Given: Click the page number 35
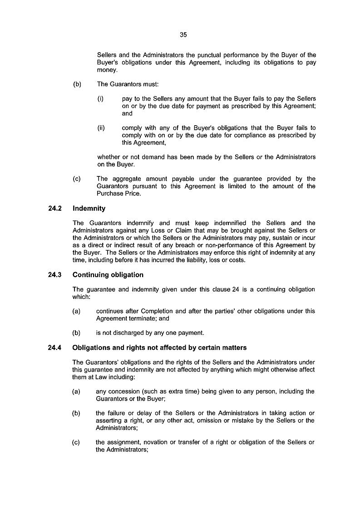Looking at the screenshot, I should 183,34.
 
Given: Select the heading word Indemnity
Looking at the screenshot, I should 89,209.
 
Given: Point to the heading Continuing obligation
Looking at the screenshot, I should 108,275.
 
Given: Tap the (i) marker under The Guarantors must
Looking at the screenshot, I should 101,99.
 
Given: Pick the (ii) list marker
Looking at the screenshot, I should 101,128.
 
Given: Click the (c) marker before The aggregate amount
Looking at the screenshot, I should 77,179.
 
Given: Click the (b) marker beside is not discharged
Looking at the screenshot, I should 76,333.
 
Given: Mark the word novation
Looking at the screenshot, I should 151,442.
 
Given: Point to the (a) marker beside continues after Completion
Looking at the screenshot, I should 76,311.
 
